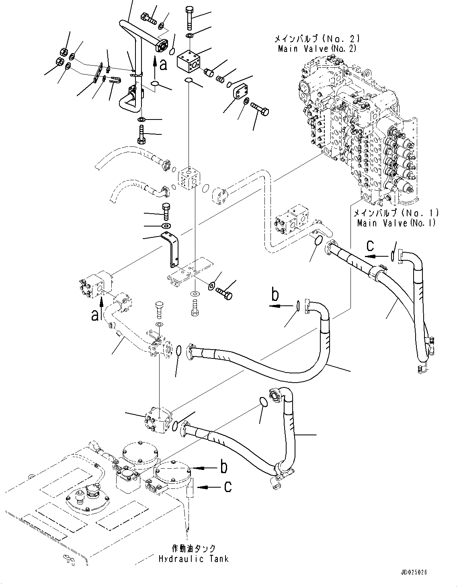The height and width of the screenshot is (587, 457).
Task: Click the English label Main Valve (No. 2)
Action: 317,49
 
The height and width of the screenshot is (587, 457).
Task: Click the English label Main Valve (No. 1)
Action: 396,222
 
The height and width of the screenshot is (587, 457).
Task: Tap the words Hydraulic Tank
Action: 193,558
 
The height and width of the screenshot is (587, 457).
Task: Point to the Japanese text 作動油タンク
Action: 193,548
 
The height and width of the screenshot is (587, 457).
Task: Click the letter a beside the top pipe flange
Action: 163,64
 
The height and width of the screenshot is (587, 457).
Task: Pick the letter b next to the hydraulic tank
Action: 223,468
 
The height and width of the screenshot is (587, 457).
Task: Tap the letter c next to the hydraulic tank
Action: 227,487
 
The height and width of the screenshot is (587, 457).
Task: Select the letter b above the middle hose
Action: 275,295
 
